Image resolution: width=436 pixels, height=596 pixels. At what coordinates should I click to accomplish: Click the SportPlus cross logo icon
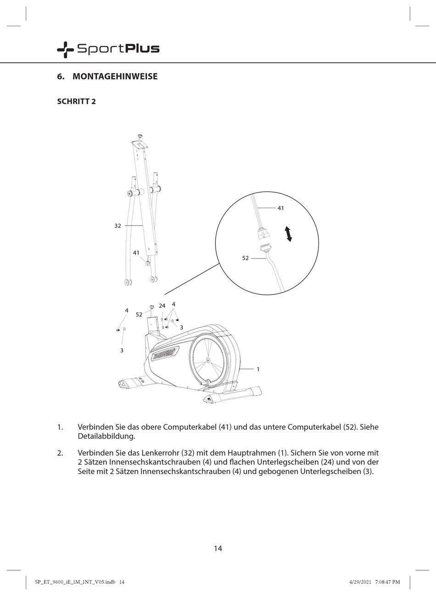(65, 49)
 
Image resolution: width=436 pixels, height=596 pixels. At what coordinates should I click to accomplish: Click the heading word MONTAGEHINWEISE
(115, 77)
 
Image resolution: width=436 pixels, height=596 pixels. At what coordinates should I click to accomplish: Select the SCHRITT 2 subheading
(76, 101)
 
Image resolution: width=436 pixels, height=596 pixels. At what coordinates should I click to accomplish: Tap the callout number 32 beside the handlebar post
(117, 226)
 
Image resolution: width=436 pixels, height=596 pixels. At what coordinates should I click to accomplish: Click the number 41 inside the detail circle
(280, 208)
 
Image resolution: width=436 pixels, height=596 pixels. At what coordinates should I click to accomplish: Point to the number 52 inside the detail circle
(245, 258)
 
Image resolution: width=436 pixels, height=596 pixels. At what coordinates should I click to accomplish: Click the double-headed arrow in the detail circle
(288, 234)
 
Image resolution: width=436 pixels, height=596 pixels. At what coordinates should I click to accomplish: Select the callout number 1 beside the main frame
(258, 369)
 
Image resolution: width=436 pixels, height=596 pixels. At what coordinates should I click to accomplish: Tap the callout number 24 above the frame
(162, 306)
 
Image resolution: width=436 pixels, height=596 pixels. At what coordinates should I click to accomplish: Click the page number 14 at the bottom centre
(218, 548)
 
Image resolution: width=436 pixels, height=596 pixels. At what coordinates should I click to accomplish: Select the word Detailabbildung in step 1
(106, 436)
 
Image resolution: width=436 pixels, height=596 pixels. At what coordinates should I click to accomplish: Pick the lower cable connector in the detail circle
(265, 249)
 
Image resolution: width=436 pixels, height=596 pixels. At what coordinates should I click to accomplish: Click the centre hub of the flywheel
(208, 360)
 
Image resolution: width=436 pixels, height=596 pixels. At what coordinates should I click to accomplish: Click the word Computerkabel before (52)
(314, 427)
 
